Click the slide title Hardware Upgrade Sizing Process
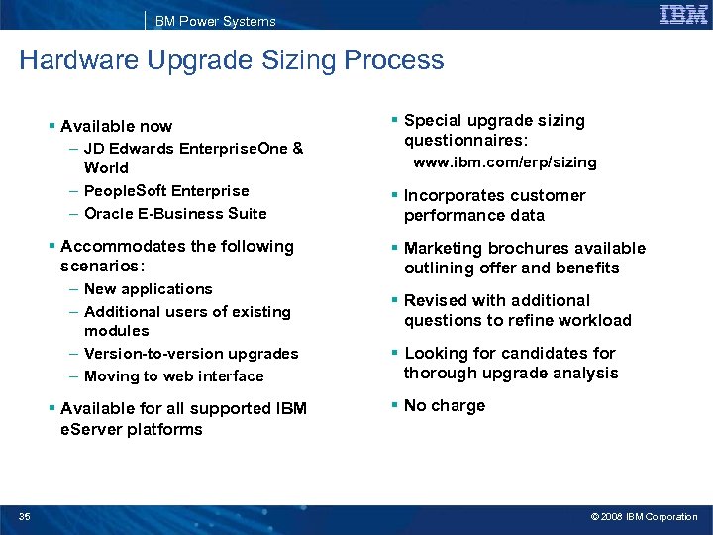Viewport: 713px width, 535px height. point(232,60)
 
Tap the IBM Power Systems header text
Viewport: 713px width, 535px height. point(213,21)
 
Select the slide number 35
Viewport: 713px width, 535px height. point(24,516)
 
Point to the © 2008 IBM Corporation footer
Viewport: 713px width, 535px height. point(644,516)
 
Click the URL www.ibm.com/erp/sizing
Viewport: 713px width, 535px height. point(504,162)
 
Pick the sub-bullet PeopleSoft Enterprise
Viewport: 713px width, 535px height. point(166,190)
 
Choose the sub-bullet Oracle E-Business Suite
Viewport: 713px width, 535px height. point(175,213)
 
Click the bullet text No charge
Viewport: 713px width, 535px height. point(445,405)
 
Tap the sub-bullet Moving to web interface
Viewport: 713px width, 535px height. point(174,375)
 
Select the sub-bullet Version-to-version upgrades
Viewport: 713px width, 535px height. point(191,353)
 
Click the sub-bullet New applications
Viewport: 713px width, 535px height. point(149,288)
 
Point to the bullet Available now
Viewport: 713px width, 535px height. point(116,126)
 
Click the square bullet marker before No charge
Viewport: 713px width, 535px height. point(394,404)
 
